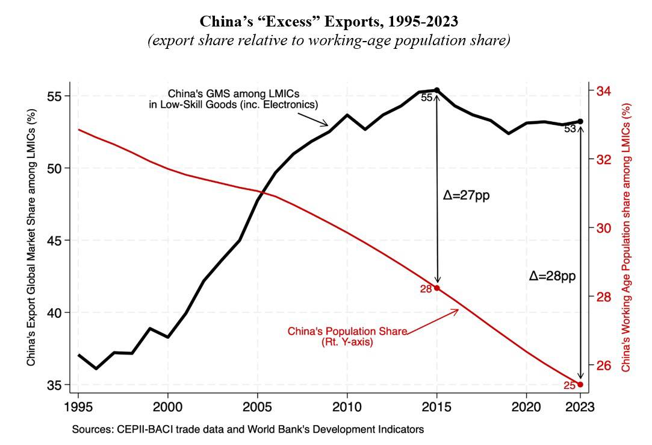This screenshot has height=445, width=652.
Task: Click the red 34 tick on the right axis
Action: [604, 91]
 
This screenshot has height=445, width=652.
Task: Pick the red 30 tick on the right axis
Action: [604, 228]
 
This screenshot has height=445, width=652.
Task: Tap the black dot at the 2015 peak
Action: [437, 90]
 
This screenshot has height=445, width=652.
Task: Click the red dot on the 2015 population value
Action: [437, 288]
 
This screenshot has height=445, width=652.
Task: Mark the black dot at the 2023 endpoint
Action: [580, 121]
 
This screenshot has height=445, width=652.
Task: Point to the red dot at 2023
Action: [580, 384]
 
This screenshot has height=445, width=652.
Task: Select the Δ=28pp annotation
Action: [553, 277]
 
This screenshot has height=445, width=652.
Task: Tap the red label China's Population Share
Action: [347, 336]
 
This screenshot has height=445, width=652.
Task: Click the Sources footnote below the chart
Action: [248, 430]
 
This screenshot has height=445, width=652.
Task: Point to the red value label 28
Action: [426, 289]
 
